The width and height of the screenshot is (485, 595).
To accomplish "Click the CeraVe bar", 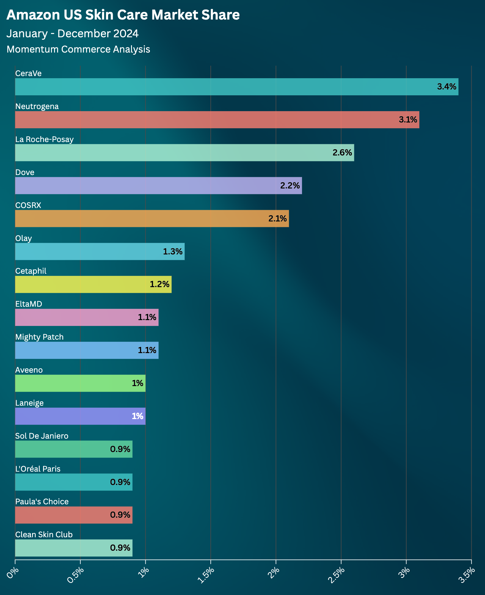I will (237, 87).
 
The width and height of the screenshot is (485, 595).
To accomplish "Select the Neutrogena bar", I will (217, 120).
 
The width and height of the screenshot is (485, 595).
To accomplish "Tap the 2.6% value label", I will (342, 153).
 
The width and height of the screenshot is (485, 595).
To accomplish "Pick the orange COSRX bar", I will (152, 218).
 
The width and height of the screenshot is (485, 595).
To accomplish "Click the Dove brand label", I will (25, 172).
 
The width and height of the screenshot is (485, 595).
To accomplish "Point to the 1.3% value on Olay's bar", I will (173, 251).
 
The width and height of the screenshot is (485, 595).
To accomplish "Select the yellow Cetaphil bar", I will (93, 284).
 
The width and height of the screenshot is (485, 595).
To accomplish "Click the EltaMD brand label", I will (29, 304).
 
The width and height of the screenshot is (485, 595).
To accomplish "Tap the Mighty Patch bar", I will (87, 350).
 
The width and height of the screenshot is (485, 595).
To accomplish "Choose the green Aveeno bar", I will (80, 383).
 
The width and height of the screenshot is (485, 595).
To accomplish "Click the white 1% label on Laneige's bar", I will (137, 416).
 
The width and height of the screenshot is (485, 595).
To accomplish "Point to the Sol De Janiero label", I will (42, 436).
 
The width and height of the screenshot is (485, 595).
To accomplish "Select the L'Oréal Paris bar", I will (74, 482).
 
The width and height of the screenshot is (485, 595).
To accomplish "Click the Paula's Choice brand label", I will (42, 502).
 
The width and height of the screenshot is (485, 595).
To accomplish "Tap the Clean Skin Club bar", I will (74, 548).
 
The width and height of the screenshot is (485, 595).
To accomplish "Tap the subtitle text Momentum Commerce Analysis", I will (78, 49).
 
